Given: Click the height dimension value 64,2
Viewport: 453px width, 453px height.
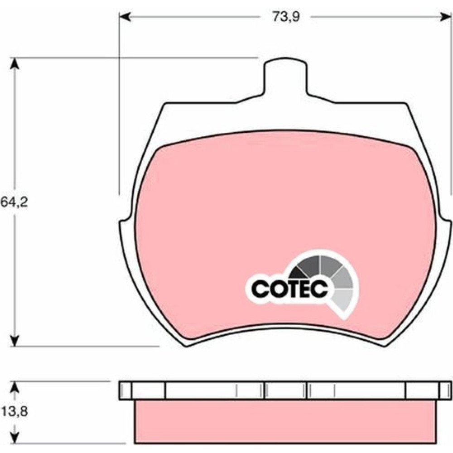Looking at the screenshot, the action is [14, 202].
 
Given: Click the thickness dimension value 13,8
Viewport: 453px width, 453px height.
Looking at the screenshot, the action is [14, 411].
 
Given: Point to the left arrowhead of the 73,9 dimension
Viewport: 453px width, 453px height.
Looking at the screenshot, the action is [125, 17].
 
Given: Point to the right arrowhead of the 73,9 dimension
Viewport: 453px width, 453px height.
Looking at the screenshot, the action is [445, 17].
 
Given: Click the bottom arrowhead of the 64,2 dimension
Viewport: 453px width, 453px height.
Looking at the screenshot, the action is [14, 340].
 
